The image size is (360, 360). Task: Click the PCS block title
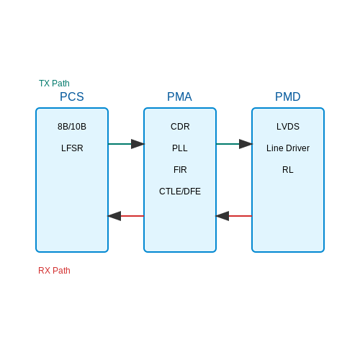[x=72, y=96]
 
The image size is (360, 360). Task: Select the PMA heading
[x=179, y=96]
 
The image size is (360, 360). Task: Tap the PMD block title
[x=288, y=96]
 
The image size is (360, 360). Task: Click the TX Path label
[x=54, y=84]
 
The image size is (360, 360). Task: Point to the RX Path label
[x=54, y=271]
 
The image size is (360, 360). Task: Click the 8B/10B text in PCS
[x=72, y=127]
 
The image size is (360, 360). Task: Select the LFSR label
[x=72, y=148]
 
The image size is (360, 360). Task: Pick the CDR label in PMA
[x=180, y=127]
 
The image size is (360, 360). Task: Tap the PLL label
[x=180, y=148]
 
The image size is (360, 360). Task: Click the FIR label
[x=180, y=170]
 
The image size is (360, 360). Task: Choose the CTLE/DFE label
[x=180, y=192]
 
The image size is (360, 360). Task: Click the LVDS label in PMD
[x=288, y=127]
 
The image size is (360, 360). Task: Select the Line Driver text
[x=288, y=148]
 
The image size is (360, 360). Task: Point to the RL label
[x=288, y=170]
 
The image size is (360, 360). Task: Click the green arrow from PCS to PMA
[x=126, y=144]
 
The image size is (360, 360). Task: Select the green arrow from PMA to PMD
[x=234, y=144]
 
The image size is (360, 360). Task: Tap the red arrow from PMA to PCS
[x=126, y=216]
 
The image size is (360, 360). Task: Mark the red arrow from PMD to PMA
[x=234, y=216]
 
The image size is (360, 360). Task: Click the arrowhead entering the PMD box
[x=246, y=144]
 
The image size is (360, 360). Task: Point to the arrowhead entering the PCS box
[x=114, y=216]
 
